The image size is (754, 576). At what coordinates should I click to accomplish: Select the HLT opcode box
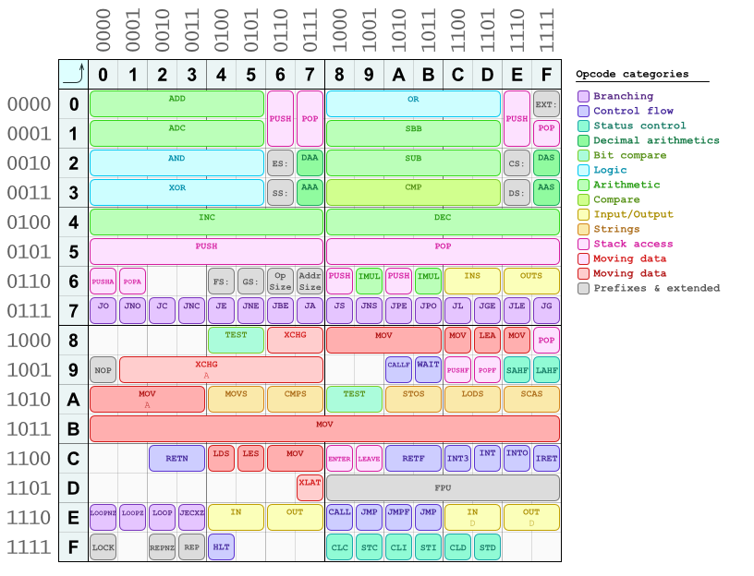coord(222,546)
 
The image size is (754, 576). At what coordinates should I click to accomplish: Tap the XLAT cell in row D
coord(310,487)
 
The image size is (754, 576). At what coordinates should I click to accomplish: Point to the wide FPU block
coord(444,487)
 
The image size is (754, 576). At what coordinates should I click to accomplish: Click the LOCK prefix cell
coord(103,546)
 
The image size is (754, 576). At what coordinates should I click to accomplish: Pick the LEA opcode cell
coord(488,340)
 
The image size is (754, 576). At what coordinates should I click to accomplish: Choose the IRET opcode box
coord(547,458)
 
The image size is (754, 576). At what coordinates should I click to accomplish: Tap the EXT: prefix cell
coord(547,103)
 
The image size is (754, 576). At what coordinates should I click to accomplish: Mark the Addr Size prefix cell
coord(310,281)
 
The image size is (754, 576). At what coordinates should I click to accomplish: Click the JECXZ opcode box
coord(192,517)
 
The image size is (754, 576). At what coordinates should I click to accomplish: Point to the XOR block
coord(177,192)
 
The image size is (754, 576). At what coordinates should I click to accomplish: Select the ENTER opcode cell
coord(340,458)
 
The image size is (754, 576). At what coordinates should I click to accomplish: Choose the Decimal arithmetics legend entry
coord(655,140)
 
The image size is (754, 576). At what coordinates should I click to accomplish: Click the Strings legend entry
coord(615,229)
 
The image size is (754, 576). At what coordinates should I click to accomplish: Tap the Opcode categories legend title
coord(632,74)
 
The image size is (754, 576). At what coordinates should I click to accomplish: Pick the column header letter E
coord(517,74)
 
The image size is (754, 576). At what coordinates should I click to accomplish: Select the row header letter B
coord(74,428)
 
